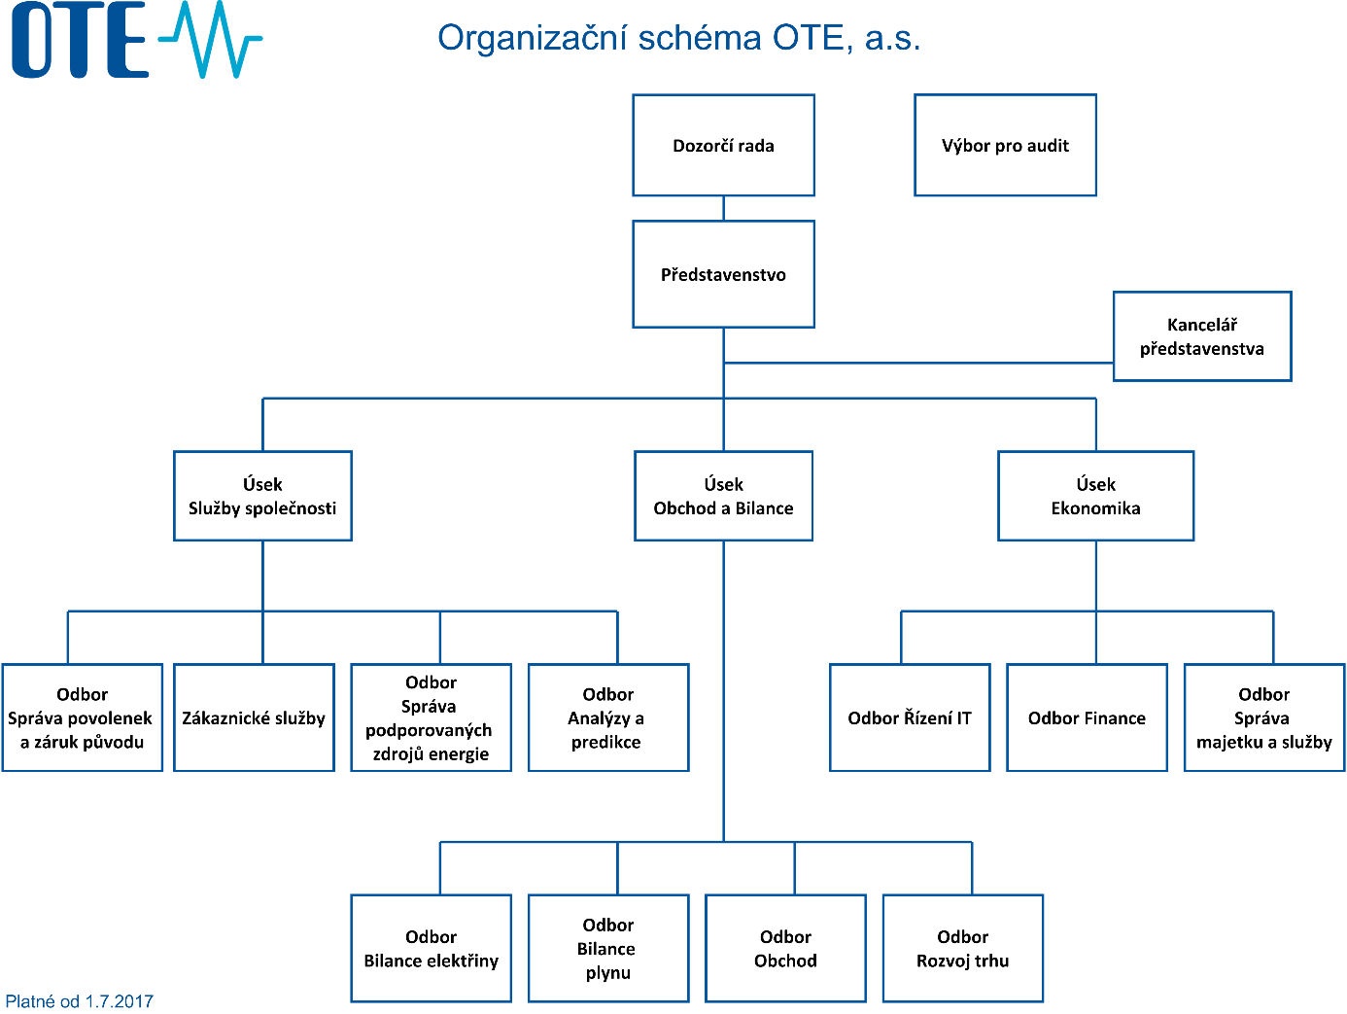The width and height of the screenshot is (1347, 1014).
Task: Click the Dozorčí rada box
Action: coord(723,146)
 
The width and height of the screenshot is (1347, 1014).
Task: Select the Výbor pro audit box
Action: coord(1005,146)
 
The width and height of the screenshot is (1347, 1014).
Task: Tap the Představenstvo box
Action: coord(723,274)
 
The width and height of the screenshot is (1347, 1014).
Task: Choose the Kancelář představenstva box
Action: coord(1202,336)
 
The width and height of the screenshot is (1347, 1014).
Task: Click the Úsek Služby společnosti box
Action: coord(262,496)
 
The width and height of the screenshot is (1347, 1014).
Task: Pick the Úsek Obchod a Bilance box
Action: coord(723,496)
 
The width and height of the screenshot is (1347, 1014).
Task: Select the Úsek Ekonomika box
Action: coord(1096,496)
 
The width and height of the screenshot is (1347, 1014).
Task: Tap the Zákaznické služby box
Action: coord(254,717)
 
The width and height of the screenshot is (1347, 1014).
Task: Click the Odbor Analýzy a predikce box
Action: coord(608,717)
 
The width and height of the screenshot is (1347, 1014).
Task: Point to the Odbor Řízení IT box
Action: coord(910,717)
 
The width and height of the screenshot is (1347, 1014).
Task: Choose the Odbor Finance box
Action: coord(1087,717)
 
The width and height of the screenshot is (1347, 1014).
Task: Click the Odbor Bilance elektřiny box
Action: coord(432,948)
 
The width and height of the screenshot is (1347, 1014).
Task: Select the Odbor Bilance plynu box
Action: coord(608,948)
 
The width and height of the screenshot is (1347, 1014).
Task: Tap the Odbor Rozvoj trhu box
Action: coord(963,948)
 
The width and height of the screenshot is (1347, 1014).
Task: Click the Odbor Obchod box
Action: coord(786,948)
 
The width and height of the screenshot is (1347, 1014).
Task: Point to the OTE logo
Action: coord(137,39)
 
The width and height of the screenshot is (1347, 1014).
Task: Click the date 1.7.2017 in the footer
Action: coord(119,1001)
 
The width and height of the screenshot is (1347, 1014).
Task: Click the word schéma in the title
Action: coord(700,38)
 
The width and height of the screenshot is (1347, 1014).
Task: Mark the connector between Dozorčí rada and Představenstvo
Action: coord(723,209)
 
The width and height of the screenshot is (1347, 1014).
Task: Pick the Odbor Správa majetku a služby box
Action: coord(1264,717)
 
